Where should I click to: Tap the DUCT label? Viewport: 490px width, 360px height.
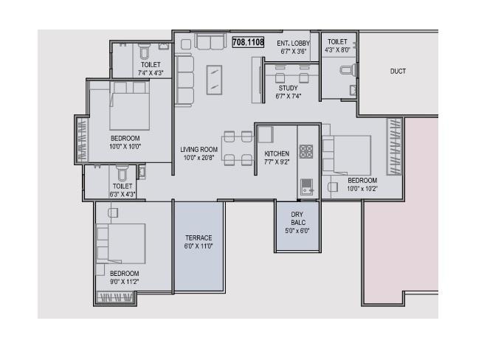point(398,72)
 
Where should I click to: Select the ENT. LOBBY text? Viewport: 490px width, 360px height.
point(293,44)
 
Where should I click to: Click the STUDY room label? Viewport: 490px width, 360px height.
point(288,89)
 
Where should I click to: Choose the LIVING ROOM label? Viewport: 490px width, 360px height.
point(199,150)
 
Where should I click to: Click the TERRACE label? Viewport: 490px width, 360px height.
point(199,238)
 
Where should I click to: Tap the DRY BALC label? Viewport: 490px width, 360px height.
point(297,218)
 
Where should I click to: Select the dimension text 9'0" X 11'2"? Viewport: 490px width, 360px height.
point(124,282)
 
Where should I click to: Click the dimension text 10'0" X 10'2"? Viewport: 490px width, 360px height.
point(362,189)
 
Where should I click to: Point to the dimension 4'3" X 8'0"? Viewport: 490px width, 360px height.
point(337,51)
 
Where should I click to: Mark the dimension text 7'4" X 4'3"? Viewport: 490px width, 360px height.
point(151,73)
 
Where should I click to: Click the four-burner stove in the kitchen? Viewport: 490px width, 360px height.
point(306,152)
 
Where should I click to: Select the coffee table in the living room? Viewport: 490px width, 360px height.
point(213,80)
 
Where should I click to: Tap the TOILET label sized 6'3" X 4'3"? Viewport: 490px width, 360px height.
point(122,187)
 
